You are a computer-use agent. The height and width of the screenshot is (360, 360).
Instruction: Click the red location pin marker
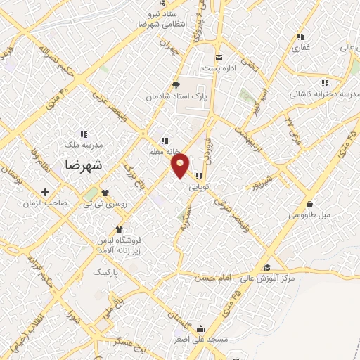pyautogui.click(x=181, y=165)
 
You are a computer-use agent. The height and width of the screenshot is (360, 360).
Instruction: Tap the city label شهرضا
pyautogui.click(x=83, y=165)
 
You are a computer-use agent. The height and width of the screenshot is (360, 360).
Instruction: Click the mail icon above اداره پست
pyautogui.click(x=219, y=58)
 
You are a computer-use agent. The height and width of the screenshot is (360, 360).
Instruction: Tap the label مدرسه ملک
pyautogui.click(x=84, y=144)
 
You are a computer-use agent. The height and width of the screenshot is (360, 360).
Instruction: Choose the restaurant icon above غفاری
pyautogui.click(x=300, y=37)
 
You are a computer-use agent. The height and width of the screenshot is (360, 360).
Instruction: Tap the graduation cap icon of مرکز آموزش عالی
pyautogui.click(x=266, y=267)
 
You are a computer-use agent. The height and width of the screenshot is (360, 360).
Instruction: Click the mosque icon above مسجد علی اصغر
pyautogui.click(x=201, y=328)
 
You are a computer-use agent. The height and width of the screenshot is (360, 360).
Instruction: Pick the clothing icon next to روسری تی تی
pyautogui.click(x=105, y=192)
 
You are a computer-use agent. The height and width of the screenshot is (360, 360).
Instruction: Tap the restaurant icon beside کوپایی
pyautogui.click(x=200, y=176)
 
